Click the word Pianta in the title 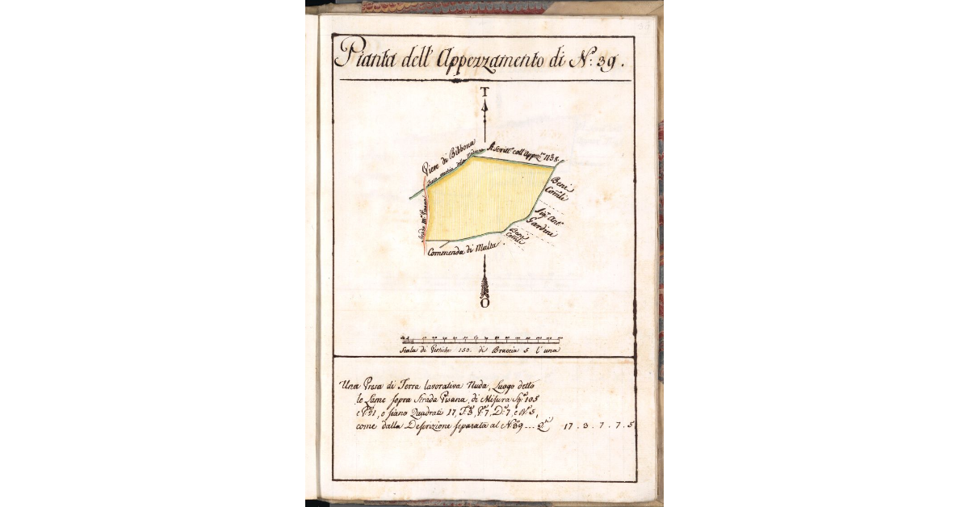click(x=363, y=57)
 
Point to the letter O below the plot click(x=484, y=304)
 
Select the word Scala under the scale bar click(x=412, y=350)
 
